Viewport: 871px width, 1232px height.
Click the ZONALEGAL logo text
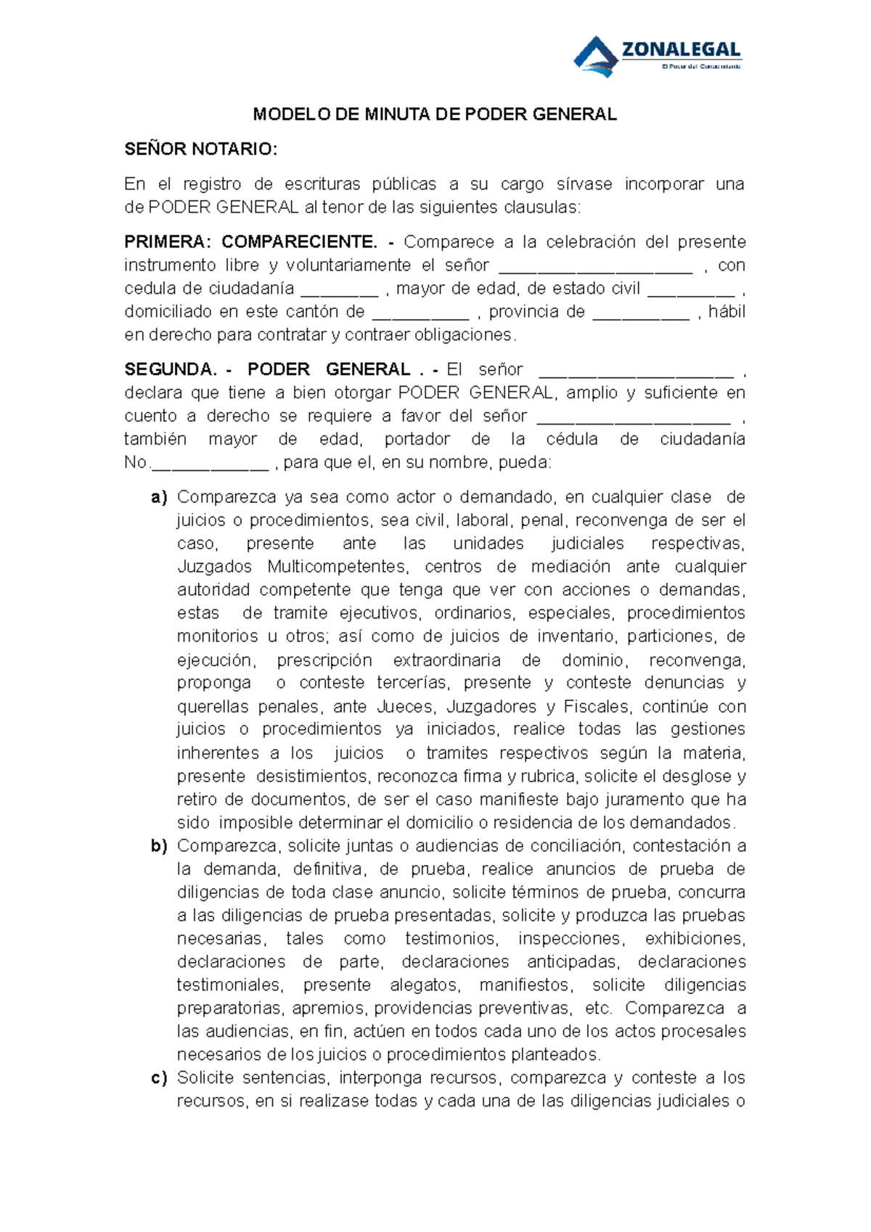point(681,50)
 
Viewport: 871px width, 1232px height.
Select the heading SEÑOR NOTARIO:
point(200,149)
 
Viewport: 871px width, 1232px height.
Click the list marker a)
point(159,497)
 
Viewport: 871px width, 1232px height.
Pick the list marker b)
point(159,845)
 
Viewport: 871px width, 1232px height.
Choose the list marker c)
point(159,1077)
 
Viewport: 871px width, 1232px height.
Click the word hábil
point(727,311)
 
